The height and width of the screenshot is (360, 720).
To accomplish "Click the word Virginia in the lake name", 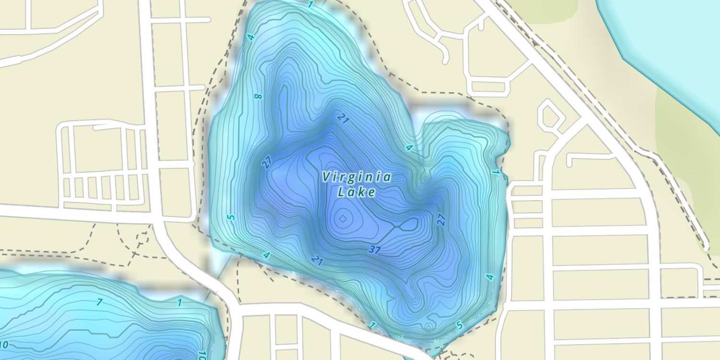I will coord(356,178).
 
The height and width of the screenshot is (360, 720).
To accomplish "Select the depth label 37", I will coord(375,250).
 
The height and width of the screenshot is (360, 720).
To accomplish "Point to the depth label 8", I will coord(259,96).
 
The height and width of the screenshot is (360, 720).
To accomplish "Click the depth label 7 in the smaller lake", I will coord(99,302).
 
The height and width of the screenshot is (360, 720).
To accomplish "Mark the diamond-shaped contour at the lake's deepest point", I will coord(342,219).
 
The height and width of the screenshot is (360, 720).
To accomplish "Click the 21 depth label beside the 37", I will coord(317,260).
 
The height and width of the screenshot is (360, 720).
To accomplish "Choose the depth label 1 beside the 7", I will coord(179,302).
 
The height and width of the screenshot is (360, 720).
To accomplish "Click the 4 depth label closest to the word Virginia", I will coord(409,147).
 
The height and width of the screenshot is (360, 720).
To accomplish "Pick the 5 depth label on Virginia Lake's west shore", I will coord(232,217).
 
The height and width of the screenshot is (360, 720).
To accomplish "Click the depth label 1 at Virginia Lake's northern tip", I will coord(310,5).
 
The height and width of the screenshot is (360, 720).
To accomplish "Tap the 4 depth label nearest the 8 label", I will coord(251,37).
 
